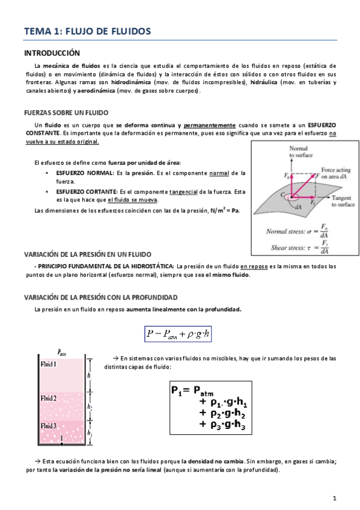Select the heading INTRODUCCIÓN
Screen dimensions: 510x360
52,53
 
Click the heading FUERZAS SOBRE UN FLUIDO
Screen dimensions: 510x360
66,112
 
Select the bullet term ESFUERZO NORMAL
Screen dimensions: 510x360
82,173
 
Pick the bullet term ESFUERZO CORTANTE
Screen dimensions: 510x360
85,191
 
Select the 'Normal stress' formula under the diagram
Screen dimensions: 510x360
297,232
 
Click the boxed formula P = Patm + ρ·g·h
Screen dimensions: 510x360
179,334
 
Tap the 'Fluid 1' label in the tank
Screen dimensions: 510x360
47,364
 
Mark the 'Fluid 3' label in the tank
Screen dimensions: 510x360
47,426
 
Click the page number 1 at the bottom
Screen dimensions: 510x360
334,499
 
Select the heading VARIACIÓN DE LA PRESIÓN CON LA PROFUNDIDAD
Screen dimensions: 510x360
100,298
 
